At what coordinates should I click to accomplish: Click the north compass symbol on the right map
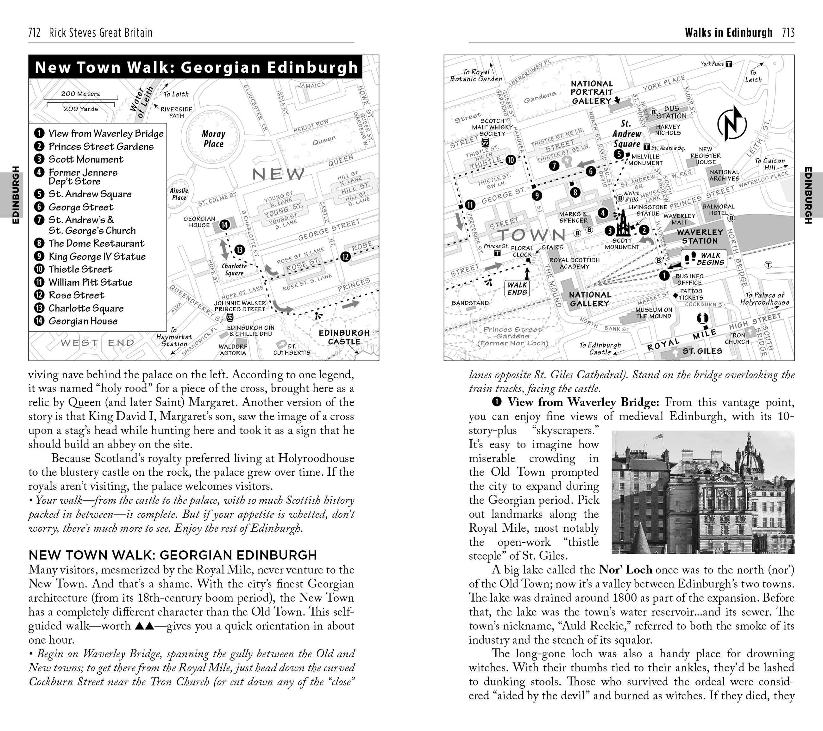tap(732, 123)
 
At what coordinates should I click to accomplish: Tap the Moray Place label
tap(213, 139)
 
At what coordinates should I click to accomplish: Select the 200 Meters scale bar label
tap(80, 94)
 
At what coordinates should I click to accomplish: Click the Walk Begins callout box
tap(704, 259)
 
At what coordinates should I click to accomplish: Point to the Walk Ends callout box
tap(517, 288)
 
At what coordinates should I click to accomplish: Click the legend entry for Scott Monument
tap(86, 159)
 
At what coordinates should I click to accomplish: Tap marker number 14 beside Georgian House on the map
tap(224, 225)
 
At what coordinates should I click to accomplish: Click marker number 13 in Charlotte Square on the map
tap(240, 250)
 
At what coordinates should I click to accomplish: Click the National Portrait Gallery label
tap(592, 92)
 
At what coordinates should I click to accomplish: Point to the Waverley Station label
tap(700, 237)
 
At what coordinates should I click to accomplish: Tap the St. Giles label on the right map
tap(702, 351)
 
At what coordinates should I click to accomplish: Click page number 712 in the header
tap(34, 33)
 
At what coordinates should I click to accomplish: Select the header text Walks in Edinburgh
tap(728, 33)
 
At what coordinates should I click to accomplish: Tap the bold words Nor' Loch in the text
tap(625, 570)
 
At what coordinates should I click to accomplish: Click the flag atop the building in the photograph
tap(659, 435)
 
